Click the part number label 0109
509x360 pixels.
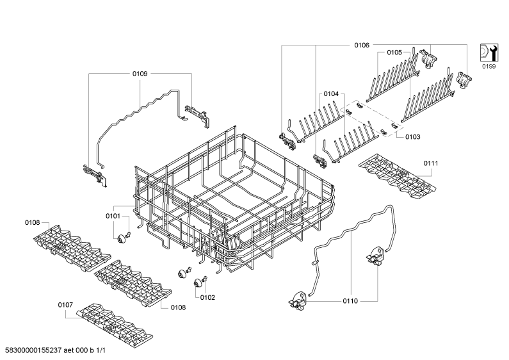click(140, 74)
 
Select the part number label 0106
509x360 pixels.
click(362, 45)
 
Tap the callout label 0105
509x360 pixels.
click(394, 53)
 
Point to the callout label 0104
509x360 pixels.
click(331, 94)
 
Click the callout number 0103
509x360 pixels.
click(412, 137)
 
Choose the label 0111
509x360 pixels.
click(431, 163)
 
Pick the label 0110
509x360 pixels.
click(350, 301)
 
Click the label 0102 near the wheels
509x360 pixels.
click(207, 297)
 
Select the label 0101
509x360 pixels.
click(113, 216)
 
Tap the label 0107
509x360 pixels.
click(65, 305)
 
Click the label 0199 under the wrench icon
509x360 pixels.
click(489, 66)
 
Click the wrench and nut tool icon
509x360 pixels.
click(489, 53)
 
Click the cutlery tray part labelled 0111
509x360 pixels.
click(398, 177)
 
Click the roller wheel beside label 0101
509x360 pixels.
click(122, 240)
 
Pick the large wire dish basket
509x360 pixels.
click(234, 201)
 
